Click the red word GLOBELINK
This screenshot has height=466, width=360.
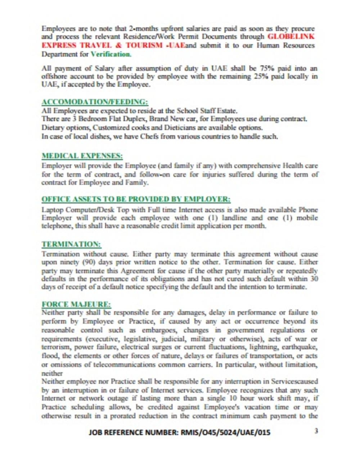pyautogui.click(x=291, y=37)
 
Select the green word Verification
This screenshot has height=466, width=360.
pyautogui.click(x=111, y=54)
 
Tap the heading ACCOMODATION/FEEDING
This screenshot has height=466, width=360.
pyautogui.click(x=95, y=102)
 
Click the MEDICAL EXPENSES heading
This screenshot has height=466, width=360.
pyautogui.click(x=82, y=156)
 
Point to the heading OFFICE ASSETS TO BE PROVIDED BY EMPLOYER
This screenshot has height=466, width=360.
pyautogui.click(x=136, y=199)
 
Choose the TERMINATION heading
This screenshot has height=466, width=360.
pyautogui.click(x=71, y=244)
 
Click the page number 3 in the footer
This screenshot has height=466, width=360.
pyautogui.click(x=316, y=431)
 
